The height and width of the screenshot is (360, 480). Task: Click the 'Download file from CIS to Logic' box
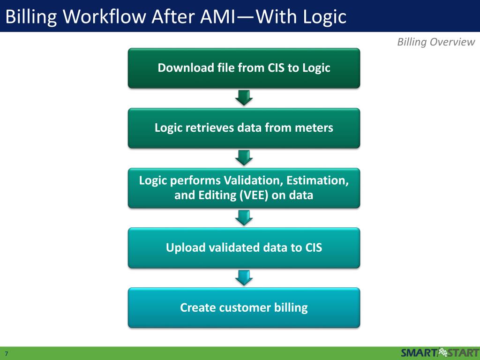tap(244, 68)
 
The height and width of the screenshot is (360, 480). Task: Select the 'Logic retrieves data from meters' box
tap(244, 128)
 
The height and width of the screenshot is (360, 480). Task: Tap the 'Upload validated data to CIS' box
tap(244, 247)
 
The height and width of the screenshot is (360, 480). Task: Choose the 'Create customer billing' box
tap(244, 307)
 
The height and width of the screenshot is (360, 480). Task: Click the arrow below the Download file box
tap(244, 97)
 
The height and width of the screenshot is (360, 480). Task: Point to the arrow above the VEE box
tap(244, 157)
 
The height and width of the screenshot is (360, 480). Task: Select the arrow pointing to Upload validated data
tap(244, 217)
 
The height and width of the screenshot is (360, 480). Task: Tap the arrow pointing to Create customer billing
tap(244, 277)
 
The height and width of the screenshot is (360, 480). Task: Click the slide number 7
tap(7, 353)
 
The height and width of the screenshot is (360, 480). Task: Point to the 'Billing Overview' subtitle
tap(436, 42)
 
